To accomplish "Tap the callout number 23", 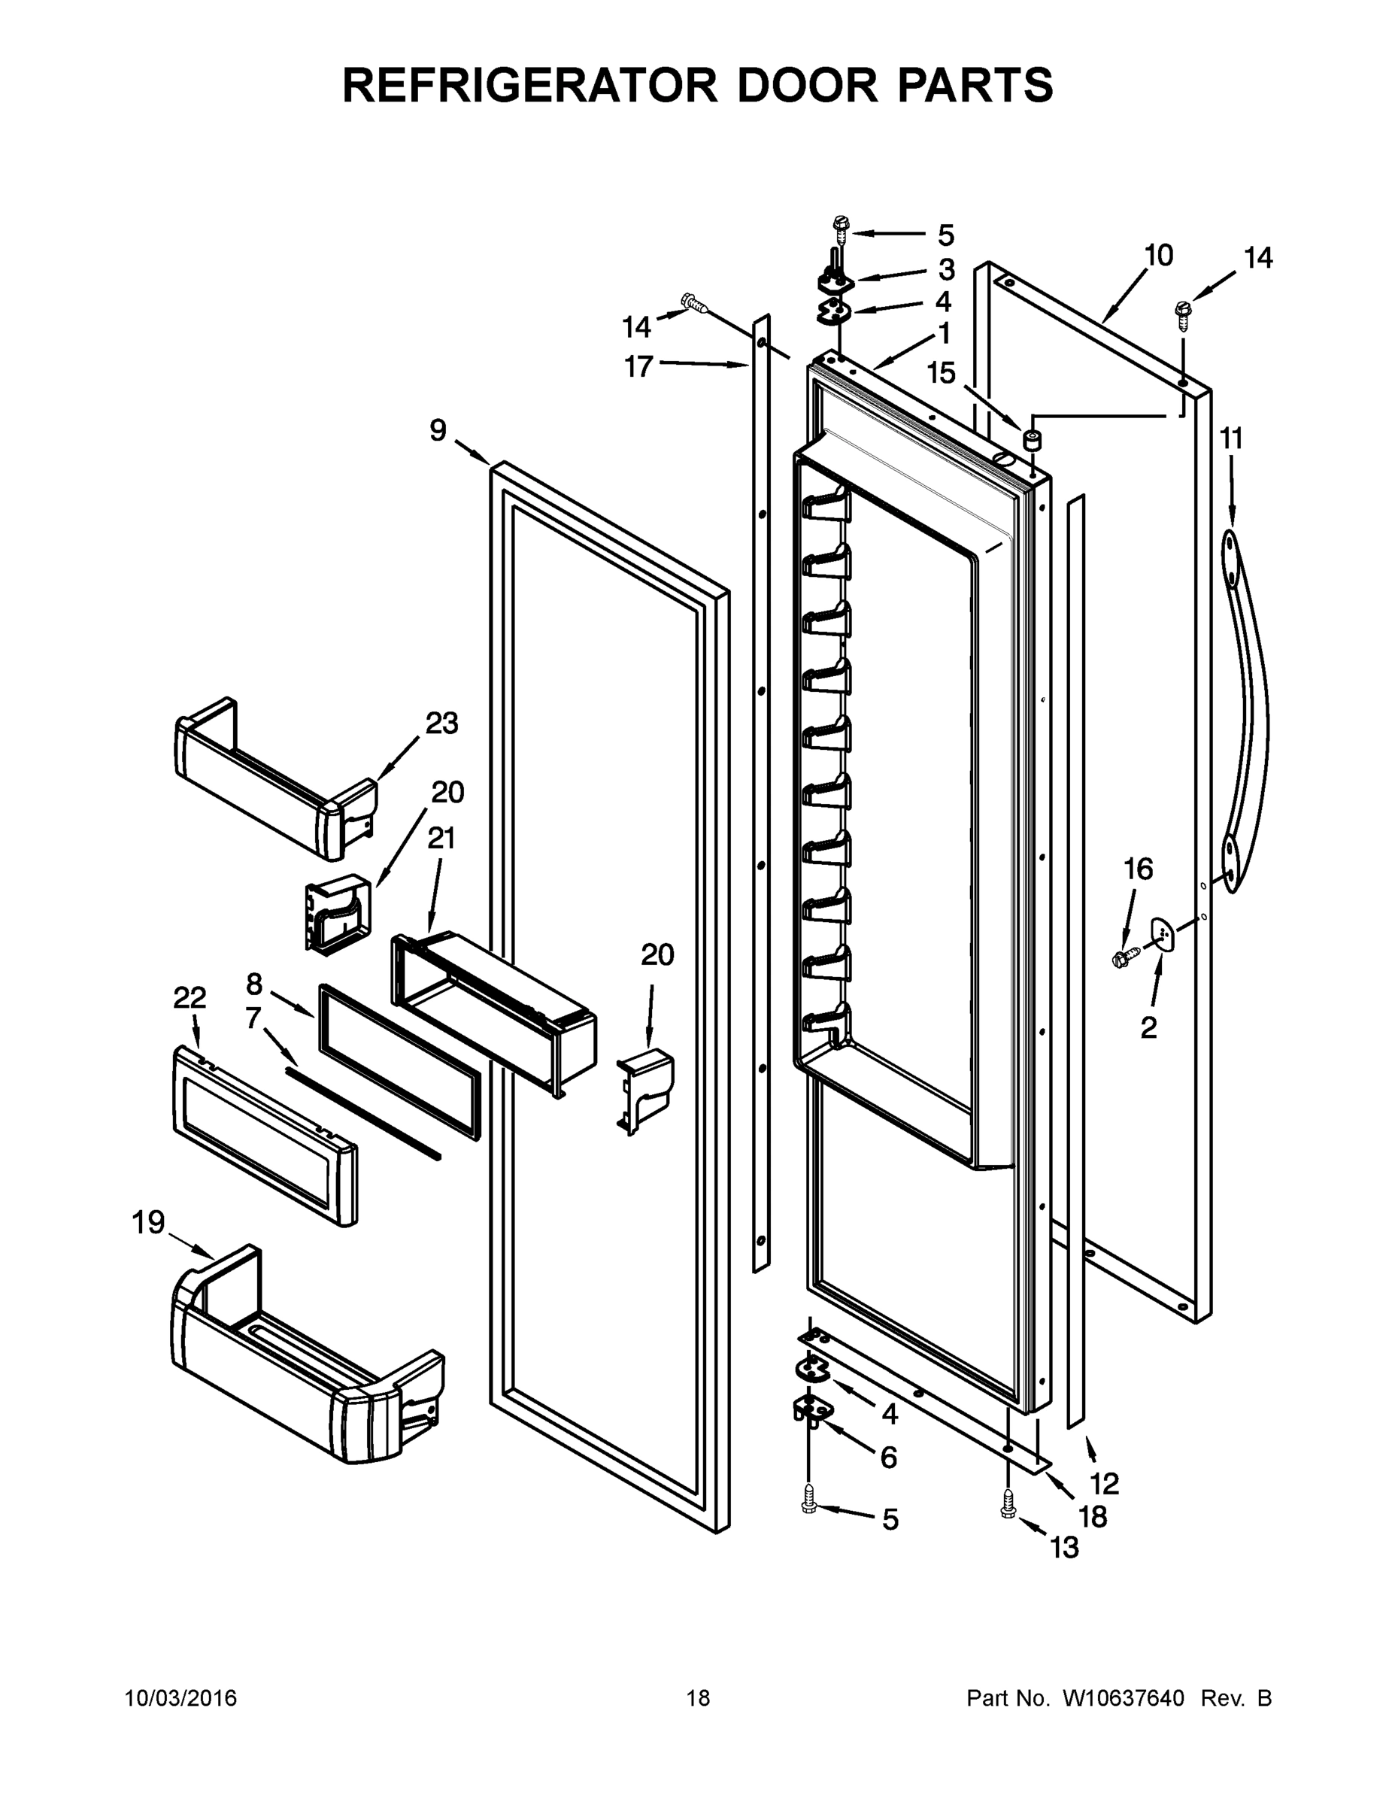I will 441,724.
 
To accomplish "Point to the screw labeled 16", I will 1127,958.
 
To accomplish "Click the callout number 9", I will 437,429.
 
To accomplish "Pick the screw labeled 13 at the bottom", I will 1008,1502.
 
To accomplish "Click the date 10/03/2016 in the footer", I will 180,1698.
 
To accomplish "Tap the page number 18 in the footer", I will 698,1698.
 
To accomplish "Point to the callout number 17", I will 638,366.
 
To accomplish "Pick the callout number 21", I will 441,838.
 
